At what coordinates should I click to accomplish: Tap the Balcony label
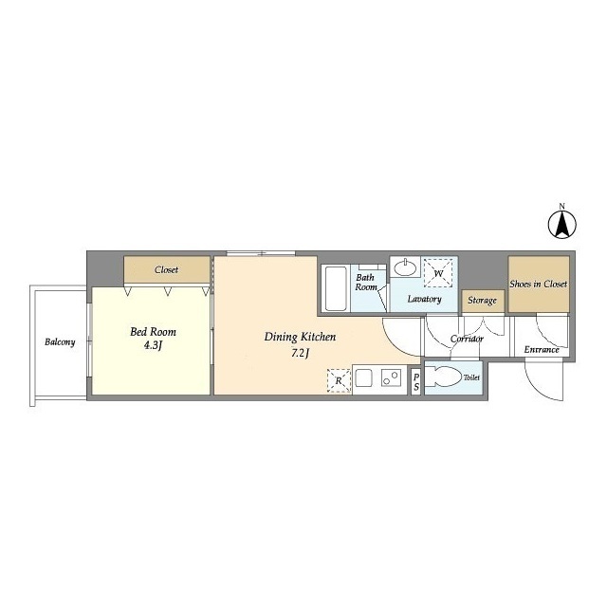60,342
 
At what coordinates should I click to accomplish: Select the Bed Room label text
153,332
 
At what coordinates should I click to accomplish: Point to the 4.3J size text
153,345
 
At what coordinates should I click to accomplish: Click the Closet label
167,269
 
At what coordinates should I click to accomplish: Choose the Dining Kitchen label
300,338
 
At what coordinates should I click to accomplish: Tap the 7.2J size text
300,354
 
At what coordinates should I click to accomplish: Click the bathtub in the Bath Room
335,288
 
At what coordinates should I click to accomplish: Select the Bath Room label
366,283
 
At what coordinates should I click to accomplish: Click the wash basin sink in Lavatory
405,267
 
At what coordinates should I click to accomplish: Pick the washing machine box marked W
438,273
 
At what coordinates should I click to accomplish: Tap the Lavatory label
424,300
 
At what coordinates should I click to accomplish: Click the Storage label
482,301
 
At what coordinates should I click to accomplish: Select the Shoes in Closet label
538,285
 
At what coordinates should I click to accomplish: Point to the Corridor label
467,340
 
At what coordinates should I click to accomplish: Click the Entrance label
542,350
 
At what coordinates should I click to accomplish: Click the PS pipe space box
415,381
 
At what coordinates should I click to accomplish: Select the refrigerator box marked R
339,381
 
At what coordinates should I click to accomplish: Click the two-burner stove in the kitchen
391,377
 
